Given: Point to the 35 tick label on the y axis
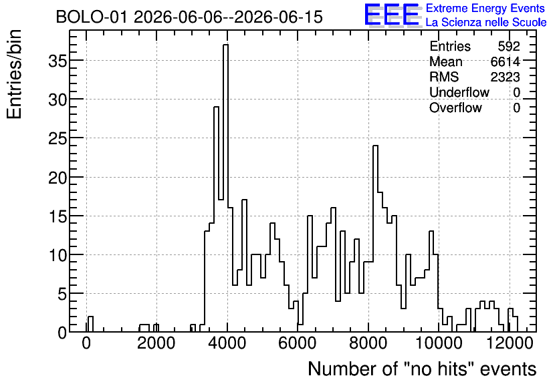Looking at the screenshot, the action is [57, 61].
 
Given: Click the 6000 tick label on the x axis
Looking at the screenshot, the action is [298, 343].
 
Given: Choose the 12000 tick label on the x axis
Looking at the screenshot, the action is [510, 343].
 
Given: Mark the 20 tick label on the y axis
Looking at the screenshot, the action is [57, 178].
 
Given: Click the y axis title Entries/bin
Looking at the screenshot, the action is [14, 74].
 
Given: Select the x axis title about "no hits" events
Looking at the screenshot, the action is [422, 369].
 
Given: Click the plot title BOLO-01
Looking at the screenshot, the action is [91, 17].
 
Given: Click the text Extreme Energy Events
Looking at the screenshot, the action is [485, 8].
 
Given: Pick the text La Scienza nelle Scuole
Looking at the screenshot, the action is [486, 23].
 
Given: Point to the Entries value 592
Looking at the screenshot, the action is [509, 46].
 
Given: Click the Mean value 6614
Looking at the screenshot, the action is [505, 61].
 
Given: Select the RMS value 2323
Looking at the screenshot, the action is [505, 77].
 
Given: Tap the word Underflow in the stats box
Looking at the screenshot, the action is [459, 92].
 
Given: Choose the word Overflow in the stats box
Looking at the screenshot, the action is [455, 108].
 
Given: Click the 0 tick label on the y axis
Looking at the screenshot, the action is [62, 333].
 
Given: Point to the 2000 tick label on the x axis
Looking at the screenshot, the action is [156, 343].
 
